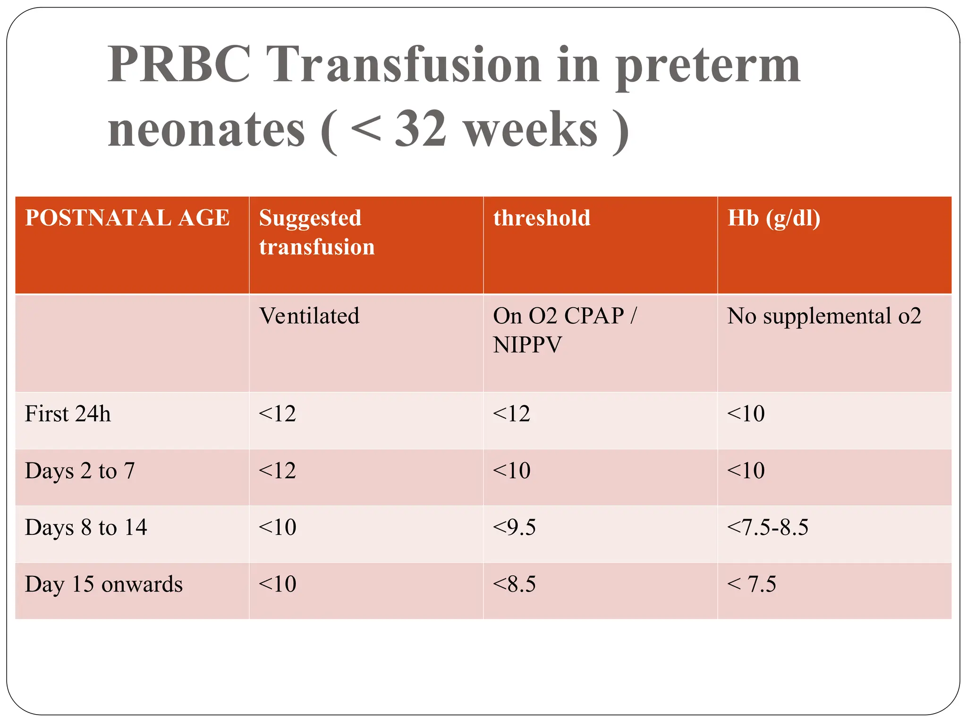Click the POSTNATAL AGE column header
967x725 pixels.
tap(127, 218)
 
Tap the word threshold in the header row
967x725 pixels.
tap(542, 218)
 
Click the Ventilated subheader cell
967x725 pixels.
tap(309, 316)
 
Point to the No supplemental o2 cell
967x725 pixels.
tap(824, 316)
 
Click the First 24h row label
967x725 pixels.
tap(68, 414)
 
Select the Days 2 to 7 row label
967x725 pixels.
tap(80, 471)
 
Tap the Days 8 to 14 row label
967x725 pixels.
tap(86, 527)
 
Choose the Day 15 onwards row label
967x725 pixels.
tap(103, 584)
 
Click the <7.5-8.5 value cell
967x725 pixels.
tap(767, 527)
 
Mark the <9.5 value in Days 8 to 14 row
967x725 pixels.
tap(514, 527)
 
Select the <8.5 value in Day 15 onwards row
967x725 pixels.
tap(514, 584)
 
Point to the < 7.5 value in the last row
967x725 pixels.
tap(751, 584)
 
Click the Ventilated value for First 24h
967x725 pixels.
tap(277, 414)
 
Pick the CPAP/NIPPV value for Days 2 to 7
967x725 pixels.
tap(511, 471)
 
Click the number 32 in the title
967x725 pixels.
tap(420, 129)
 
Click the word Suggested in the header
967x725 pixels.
tap(310, 219)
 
